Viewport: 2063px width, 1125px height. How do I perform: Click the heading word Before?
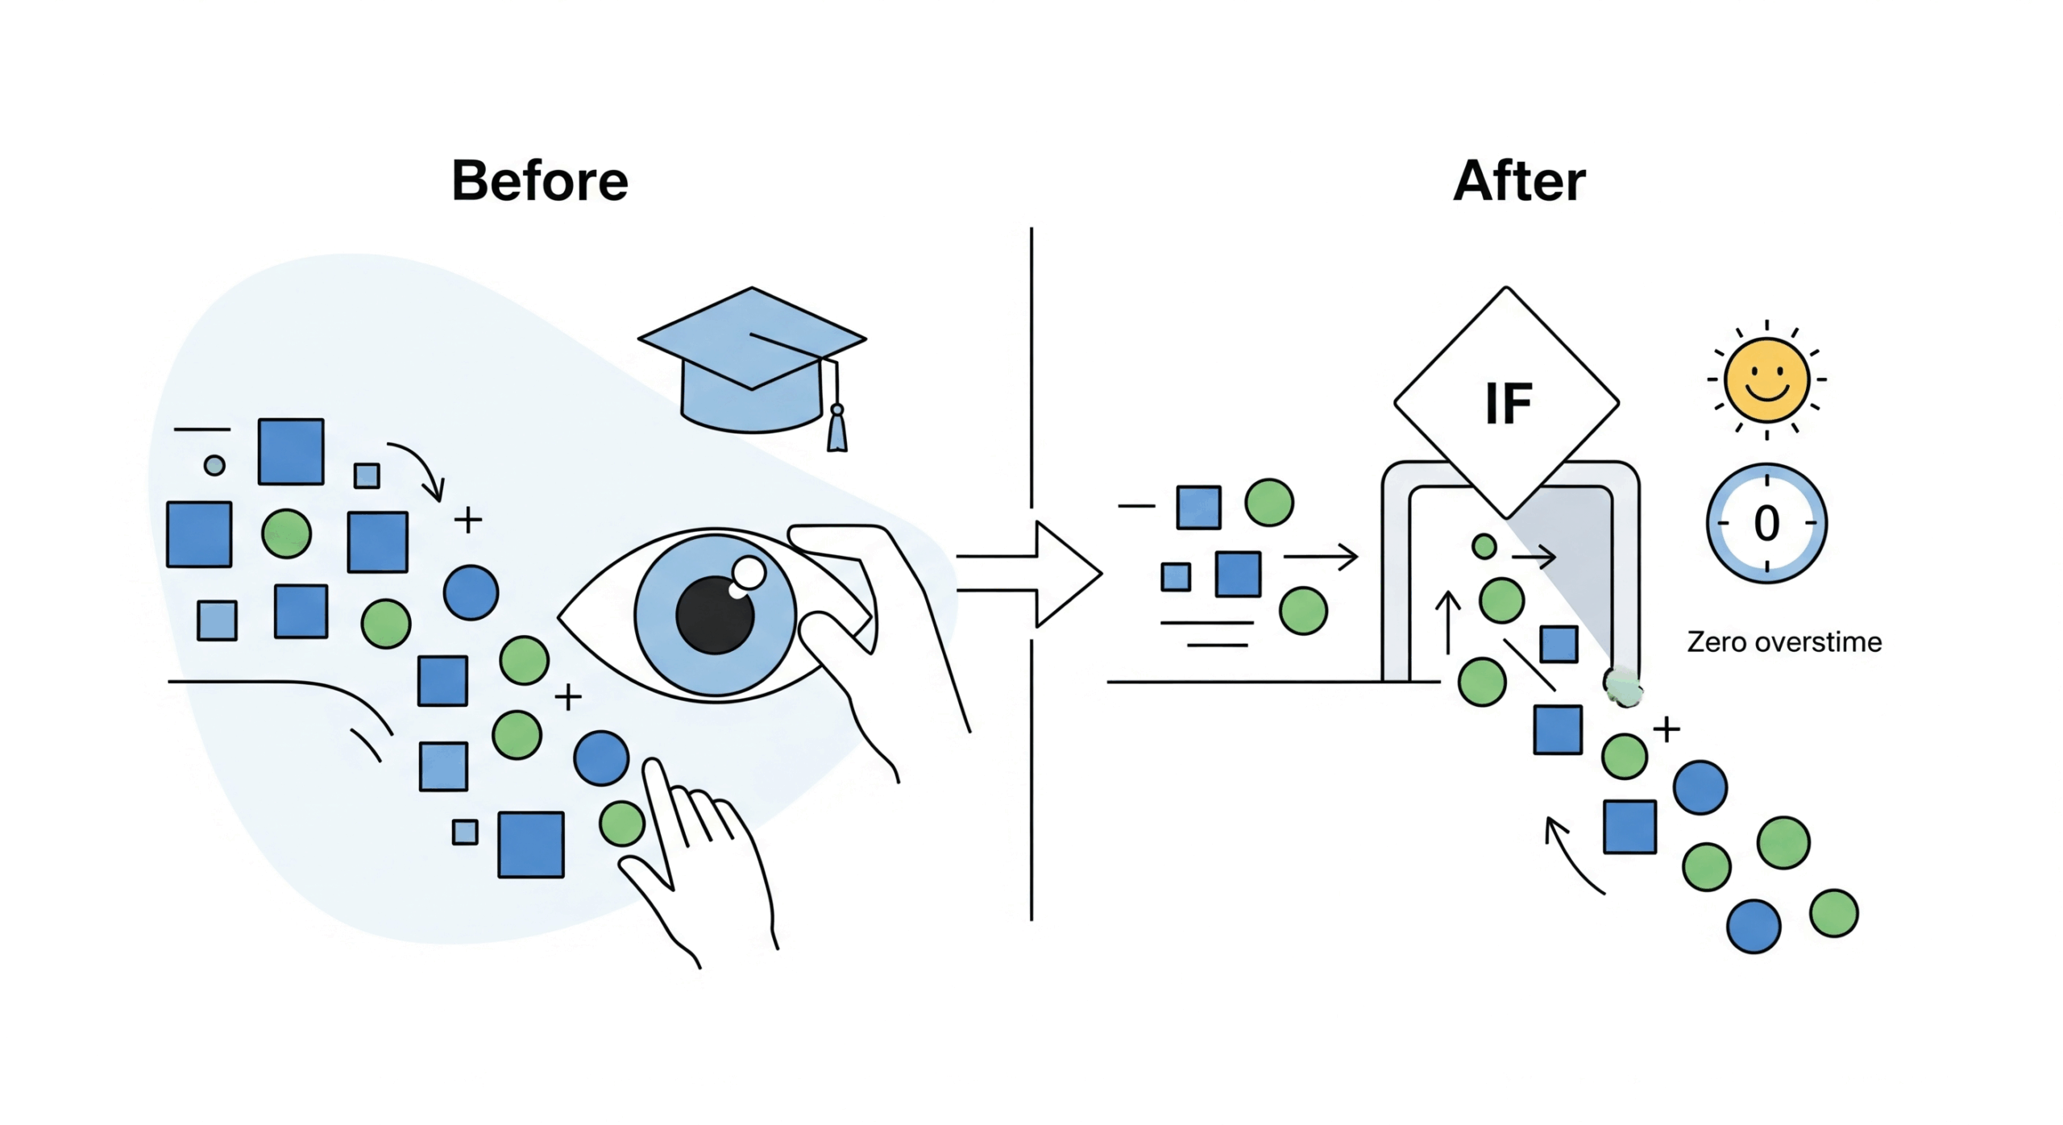(x=539, y=181)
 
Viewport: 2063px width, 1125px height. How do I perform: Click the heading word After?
(x=1519, y=181)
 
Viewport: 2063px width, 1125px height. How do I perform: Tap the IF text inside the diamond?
(x=1508, y=403)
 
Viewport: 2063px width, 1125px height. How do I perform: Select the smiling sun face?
(x=1766, y=380)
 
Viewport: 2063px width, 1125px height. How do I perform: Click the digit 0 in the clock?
(x=1766, y=523)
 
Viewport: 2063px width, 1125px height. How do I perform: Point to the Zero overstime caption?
(x=1784, y=642)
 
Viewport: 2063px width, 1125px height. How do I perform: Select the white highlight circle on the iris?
(x=749, y=573)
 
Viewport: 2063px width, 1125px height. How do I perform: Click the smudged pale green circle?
(x=1623, y=687)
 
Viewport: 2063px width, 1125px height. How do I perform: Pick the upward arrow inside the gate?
(x=1448, y=622)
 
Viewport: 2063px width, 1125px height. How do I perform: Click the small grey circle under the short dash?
(x=214, y=465)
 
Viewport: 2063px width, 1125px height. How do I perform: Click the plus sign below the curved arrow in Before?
(x=468, y=520)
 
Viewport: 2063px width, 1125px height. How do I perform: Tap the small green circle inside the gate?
(x=1484, y=546)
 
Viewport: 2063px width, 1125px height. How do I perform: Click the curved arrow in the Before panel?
(x=420, y=468)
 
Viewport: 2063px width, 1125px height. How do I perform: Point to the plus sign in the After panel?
(x=1667, y=729)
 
